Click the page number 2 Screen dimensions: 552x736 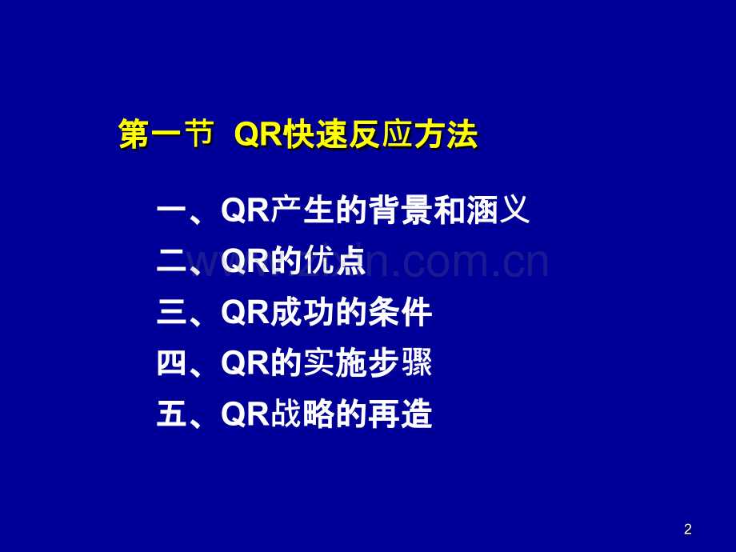[688, 530]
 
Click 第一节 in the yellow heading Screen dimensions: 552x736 [166, 134]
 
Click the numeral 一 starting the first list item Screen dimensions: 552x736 [171, 211]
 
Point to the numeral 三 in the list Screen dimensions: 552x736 [171, 312]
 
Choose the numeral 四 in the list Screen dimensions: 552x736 [171, 364]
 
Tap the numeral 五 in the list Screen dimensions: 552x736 [171, 414]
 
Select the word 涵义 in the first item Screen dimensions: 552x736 [498, 211]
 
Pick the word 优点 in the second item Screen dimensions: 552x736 [334, 262]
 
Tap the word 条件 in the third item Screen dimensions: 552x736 [400, 312]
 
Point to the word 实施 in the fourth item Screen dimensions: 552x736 [334, 364]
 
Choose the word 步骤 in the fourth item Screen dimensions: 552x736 [400, 364]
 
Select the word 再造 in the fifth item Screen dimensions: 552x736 [400, 414]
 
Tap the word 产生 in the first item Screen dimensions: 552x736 [301, 211]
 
